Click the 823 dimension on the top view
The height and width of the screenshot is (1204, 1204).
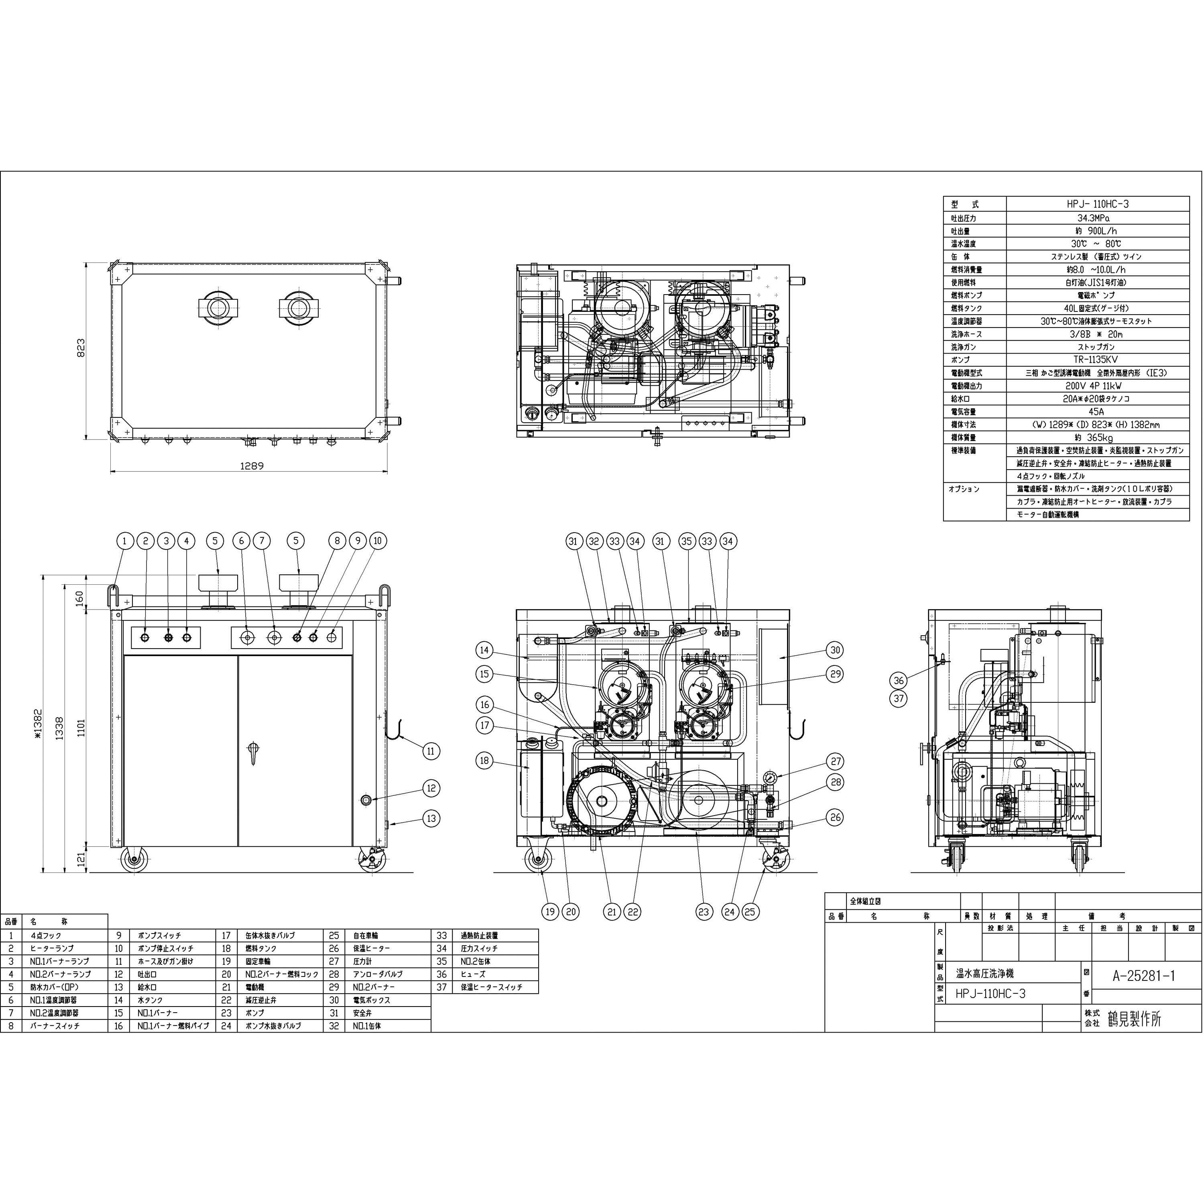(80, 348)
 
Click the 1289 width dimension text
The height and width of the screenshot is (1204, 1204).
(251, 466)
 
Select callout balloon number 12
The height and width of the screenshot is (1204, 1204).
(431, 788)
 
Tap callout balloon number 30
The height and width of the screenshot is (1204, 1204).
(836, 650)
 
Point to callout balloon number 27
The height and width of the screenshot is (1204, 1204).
(836, 761)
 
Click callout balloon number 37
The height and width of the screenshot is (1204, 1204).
(898, 699)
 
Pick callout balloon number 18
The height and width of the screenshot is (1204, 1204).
(484, 760)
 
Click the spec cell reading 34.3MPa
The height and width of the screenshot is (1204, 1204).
(1097, 218)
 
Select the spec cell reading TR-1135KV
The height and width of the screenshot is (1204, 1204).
(1097, 360)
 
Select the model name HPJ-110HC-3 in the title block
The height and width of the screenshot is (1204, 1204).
(990, 994)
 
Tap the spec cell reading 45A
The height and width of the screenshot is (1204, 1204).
(1097, 411)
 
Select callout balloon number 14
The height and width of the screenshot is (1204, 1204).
(484, 650)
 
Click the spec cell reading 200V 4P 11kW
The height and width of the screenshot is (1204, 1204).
(1097, 386)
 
